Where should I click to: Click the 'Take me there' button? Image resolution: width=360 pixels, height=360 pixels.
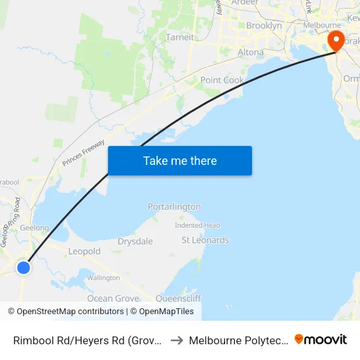(180, 160)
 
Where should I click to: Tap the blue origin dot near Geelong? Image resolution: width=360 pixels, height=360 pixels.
(24, 267)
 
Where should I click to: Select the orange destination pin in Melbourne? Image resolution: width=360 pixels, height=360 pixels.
(336, 41)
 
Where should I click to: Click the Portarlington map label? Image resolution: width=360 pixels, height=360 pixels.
(174, 207)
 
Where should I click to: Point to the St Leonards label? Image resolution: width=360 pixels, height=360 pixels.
(205, 240)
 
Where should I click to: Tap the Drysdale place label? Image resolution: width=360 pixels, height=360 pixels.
(135, 242)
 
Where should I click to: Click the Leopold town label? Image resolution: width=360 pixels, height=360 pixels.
(84, 251)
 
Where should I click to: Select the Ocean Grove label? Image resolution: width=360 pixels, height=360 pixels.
(113, 298)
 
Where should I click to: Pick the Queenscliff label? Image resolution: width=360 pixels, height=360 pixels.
(179, 298)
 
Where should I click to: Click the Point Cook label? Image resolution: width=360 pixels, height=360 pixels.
(222, 80)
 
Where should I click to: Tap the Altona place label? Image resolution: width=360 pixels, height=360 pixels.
(251, 52)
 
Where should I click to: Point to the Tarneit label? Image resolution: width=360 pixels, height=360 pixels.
(180, 37)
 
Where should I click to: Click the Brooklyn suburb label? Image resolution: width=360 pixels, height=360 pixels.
(264, 26)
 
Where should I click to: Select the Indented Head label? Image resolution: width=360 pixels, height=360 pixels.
(197, 225)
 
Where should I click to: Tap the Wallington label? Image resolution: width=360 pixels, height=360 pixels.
(103, 278)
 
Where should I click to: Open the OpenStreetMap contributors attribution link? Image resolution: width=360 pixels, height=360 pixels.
(70, 312)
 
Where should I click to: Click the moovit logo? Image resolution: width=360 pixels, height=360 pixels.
(321, 340)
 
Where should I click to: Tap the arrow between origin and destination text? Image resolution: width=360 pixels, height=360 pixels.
(177, 340)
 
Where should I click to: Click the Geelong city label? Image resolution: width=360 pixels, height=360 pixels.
(35, 228)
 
